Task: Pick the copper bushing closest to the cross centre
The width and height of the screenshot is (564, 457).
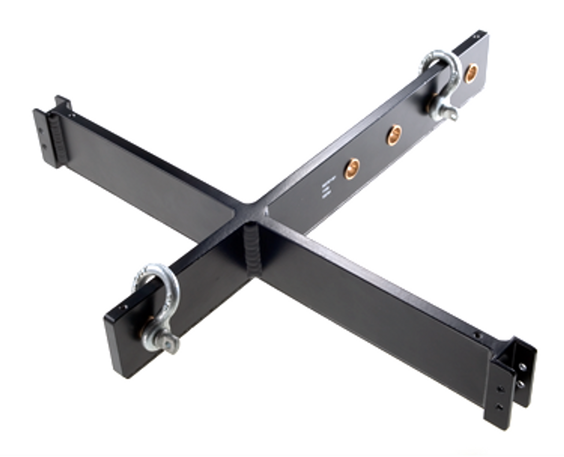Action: [x=352, y=168]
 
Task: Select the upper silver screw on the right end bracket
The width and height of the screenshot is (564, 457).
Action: [x=522, y=366]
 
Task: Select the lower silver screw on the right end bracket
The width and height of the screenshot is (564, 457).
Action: [x=521, y=384]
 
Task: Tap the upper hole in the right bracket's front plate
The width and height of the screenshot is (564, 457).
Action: [x=501, y=389]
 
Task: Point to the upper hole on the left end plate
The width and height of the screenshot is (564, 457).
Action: [x=41, y=131]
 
